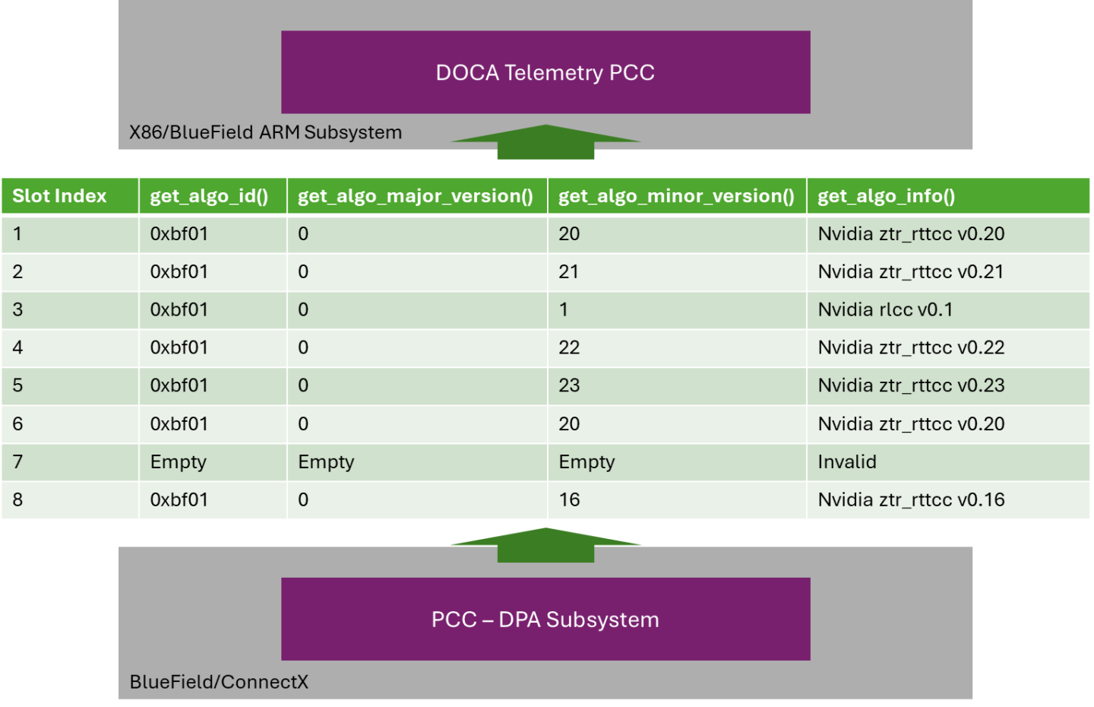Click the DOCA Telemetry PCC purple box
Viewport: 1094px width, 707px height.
coord(545,72)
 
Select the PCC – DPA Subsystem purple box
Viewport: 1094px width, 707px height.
coord(545,619)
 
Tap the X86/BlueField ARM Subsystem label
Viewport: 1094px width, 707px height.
coord(265,132)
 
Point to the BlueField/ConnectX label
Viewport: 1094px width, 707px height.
coord(219,682)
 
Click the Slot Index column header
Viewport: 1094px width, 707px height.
coord(59,196)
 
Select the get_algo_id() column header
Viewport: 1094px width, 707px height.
coord(209,196)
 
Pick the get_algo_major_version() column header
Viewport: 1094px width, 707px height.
coord(416,196)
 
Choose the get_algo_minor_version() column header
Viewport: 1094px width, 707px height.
coord(676,196)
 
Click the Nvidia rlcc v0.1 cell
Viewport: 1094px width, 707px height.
coord(885,310)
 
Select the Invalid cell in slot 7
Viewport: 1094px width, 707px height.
coord(847,462)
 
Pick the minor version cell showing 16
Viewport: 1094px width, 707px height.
coord(569,500)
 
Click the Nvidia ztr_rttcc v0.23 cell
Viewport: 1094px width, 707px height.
coord(911,386)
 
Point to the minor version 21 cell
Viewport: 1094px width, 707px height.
coord(568,272)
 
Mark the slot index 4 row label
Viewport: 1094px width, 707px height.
coord(18,348)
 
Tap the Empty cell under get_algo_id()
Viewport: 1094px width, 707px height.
coord(179,462)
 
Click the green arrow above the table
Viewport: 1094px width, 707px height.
coord(545,142)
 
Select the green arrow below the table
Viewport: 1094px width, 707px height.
coord(545,544)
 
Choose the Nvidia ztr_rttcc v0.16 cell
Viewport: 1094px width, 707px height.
coord(911,500)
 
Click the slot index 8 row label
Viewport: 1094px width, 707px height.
coord(18,500)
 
